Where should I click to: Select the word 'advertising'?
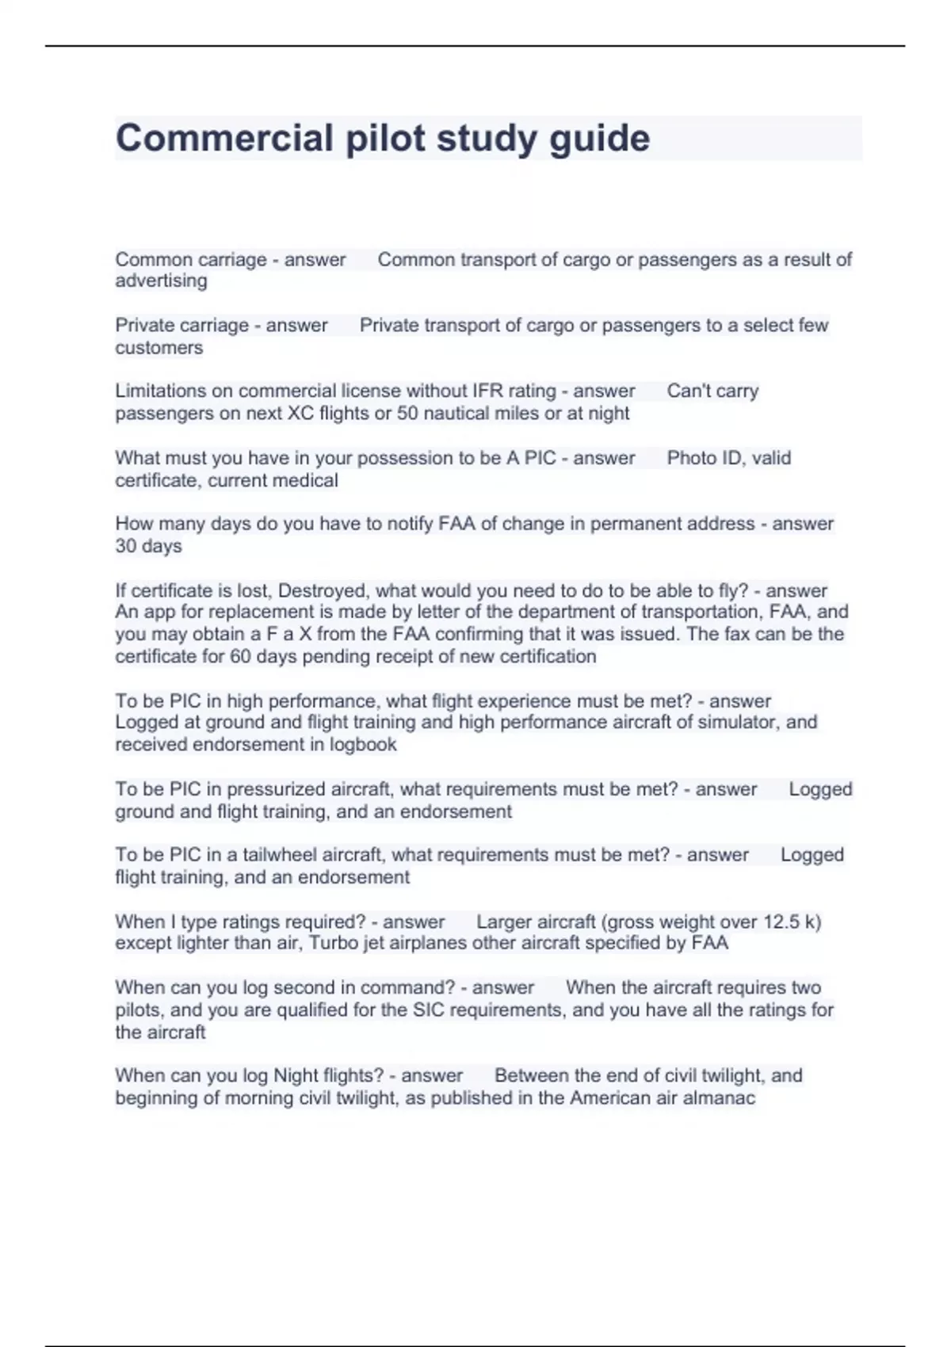(x=161, y=280)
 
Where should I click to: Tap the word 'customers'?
(x=158, y=348)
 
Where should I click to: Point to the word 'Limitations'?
(x=162, y=391)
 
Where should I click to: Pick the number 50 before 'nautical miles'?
(x=407, y=413)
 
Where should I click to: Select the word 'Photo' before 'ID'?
(x=691, y=458)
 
